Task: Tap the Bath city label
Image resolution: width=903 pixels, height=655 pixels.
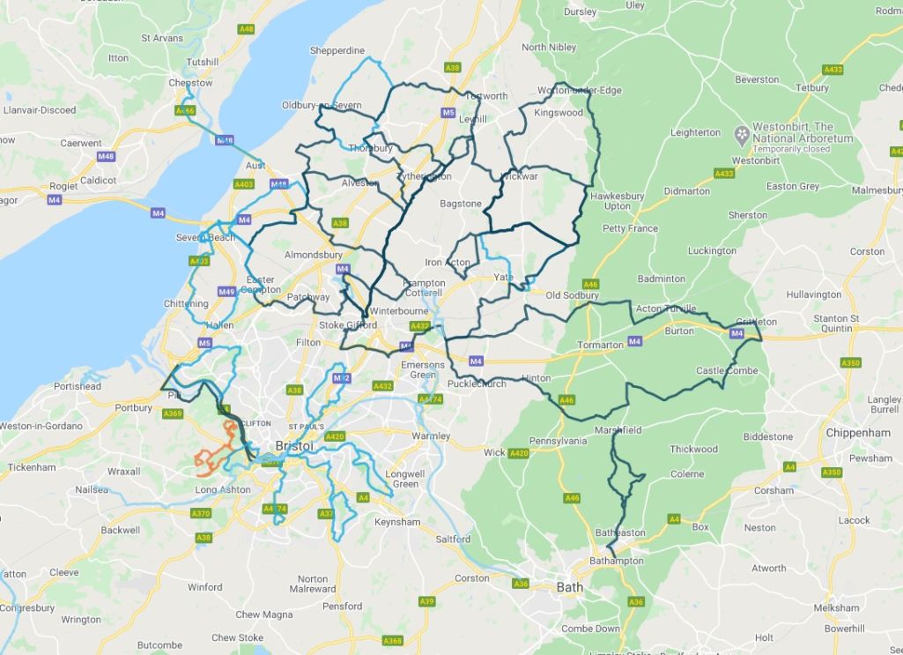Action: click(x=570, y=586)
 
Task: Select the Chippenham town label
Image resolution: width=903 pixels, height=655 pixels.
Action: click(x=859, y=433)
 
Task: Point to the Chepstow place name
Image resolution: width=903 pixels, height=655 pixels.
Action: click(x=190, y=83)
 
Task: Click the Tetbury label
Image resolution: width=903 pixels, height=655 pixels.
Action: click(x=811, y=88)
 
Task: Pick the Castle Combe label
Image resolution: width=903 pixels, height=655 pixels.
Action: click(x=727, y=371)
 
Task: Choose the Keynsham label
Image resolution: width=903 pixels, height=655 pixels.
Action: click(x=397, y=522)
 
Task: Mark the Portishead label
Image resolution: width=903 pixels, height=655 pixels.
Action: click(x=78, y=386)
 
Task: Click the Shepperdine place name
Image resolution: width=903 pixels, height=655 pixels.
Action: click(x=337, y=51)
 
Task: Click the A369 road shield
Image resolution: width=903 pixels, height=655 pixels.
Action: click(x=173, y=413)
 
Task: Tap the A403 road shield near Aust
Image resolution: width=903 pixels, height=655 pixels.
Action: click(x=244, y=184)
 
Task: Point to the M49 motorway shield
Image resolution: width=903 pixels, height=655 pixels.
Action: click(x=226, y=292)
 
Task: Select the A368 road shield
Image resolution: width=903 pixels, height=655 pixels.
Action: click(x=393, y=641)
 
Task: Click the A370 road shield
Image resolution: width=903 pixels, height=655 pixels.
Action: click(x=201, y=513)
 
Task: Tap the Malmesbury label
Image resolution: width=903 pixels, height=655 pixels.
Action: click(x=877, y=190)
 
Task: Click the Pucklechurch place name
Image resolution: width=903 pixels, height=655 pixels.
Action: click(x=477, y=384)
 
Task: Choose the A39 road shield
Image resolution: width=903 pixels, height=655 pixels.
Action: click(x=426, y=601)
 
